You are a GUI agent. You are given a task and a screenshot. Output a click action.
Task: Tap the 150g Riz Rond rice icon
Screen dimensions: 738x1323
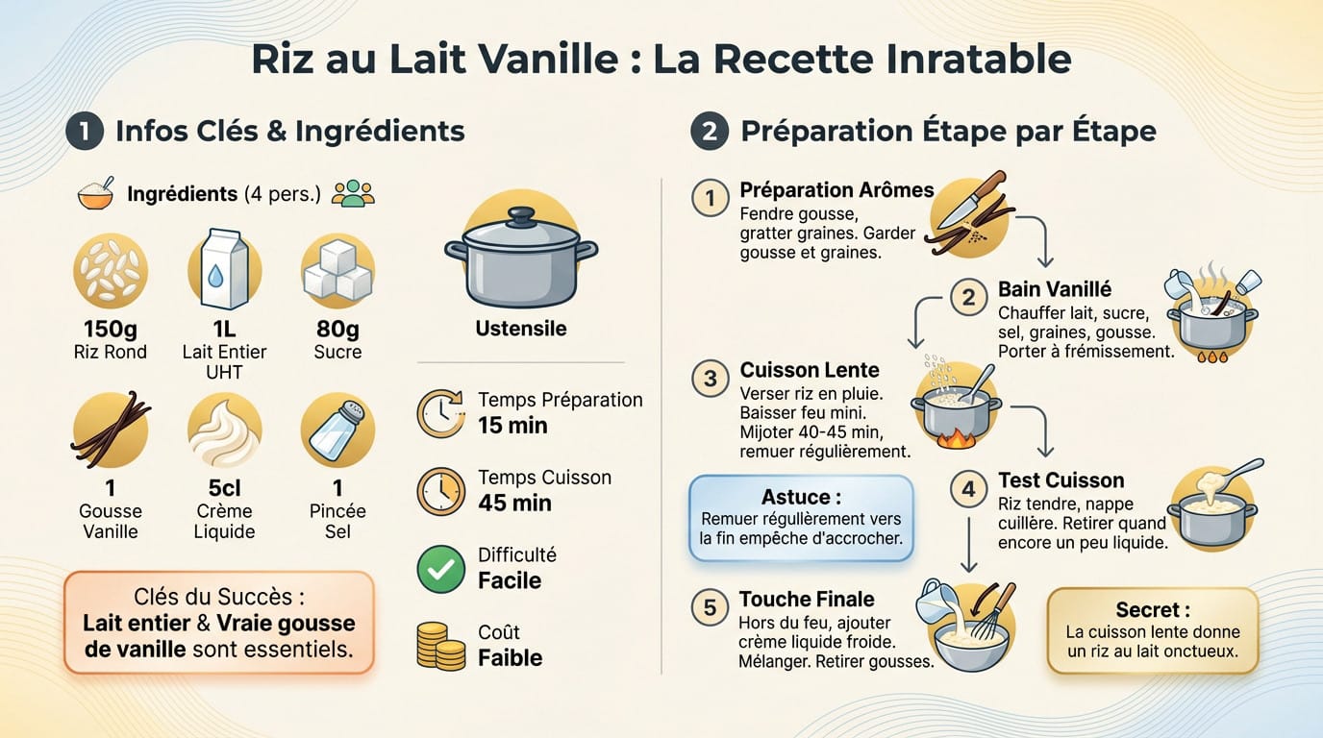[111, 271]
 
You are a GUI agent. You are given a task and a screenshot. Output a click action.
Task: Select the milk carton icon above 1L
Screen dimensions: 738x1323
[224, 271]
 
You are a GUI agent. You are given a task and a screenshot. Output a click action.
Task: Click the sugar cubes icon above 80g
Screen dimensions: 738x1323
[337, 271]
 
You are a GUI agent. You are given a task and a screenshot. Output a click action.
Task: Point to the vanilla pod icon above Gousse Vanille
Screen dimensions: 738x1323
[111, 430]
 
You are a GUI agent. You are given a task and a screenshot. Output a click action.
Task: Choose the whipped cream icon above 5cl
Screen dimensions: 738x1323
[224, 431]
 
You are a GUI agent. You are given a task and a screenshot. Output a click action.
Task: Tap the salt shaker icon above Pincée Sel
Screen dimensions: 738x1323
[337, 430]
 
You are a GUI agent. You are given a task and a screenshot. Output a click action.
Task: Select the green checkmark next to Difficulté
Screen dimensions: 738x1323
[440, 569]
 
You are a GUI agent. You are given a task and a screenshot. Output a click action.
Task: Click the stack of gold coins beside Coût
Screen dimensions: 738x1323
[440, 646]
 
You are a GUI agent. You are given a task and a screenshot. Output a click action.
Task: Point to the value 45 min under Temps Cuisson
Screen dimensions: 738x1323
[514, 504]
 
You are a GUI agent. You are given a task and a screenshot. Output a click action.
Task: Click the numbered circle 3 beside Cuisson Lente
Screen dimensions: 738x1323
[710, 379]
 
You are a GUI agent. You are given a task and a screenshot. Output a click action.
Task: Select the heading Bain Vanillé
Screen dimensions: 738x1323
[1054, 289]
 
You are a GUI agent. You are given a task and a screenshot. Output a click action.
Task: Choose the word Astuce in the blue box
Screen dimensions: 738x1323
[794, 497]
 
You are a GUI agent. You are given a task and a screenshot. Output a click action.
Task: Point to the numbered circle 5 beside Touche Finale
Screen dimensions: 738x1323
[710, 607]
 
